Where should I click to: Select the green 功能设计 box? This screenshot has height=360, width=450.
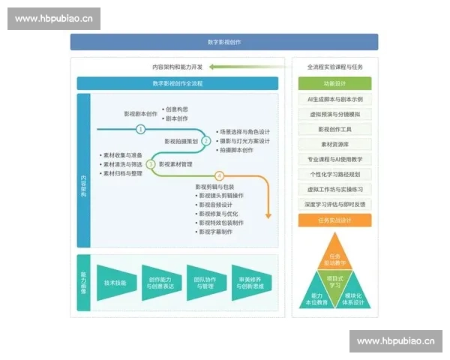(x=334, y=83)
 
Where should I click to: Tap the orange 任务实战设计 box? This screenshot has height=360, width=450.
(x=334, y=220)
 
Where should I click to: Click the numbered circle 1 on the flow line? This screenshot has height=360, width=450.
(x=140, y=129)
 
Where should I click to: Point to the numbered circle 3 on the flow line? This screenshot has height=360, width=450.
(x=151, y=163)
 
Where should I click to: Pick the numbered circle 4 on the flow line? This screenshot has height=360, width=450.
(x=219, y=177)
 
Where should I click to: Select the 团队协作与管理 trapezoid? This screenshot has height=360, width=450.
(x=205, y=283)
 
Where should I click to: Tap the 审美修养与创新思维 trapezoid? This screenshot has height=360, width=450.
(x=250, y=283)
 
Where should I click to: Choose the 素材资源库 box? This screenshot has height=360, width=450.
(x=334, y=144)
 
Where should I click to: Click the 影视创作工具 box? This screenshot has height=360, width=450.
(x=334, y=129)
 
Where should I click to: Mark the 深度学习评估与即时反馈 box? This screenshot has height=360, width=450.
(x=334, y=204)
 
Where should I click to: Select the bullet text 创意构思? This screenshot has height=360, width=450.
(x=178, y=109)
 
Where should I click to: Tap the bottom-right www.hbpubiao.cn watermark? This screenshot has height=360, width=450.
(x=395, y=341)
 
